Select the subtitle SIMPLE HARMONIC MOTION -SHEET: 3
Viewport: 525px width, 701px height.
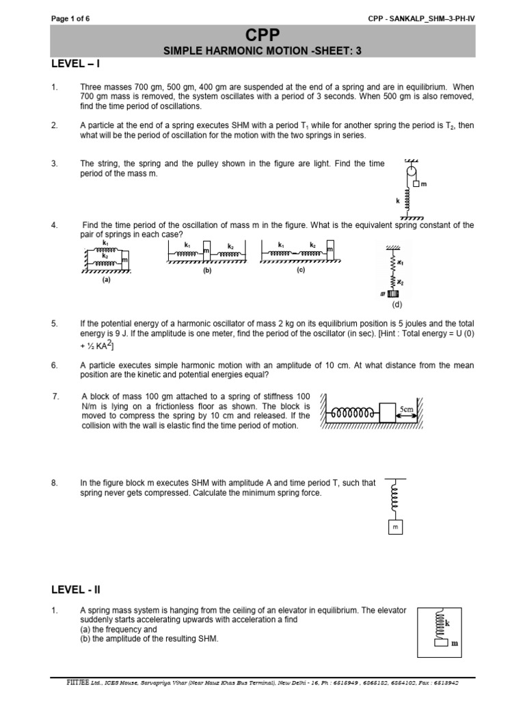(262, 51)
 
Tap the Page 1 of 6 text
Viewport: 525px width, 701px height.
(70, 18)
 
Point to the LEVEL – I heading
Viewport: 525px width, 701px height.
(76, 64)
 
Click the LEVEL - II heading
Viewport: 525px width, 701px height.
(77, 589)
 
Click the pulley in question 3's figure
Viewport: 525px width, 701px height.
(412, 172)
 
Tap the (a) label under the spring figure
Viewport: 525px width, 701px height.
(106, 279)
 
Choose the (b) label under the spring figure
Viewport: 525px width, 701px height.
(206, 270)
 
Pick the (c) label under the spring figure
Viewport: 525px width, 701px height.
(300, 270)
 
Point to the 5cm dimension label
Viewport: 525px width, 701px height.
(407, 409)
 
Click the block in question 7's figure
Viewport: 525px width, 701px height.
(387, 413)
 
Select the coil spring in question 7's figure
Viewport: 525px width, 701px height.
(353, 413)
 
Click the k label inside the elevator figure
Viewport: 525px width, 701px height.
(447, 624)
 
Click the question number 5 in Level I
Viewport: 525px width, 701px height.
(54, 322)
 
